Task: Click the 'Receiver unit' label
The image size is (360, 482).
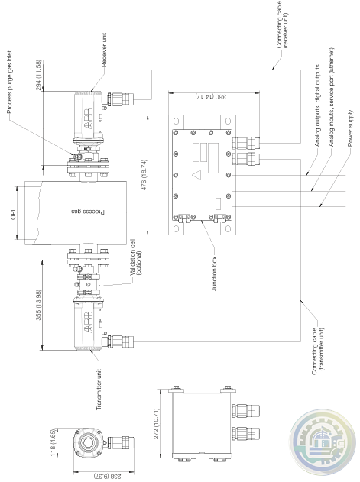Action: (x=104, y=50)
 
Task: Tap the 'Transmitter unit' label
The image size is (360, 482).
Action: (x=99, y=390)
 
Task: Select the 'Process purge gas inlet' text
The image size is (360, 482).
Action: (x=9, y=82)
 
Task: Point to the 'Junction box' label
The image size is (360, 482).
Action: (x=215, y=274)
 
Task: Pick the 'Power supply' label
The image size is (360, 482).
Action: (x=351, y=128)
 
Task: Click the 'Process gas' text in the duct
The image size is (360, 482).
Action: (x=89, y=212)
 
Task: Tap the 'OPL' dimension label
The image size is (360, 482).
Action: (x=13, y=213)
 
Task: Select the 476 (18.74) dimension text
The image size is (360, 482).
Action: (x=144, y=175)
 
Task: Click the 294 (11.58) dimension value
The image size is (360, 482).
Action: (x=38, y=76)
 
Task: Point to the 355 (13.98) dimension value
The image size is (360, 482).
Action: (x=38, y=305)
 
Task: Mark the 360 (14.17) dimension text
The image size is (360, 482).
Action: (x=212, y=96)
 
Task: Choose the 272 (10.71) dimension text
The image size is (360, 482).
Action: (x=156, y=424)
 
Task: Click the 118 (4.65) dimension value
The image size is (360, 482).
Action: (x=54, y=442)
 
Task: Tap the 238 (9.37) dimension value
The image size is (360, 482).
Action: (x=108, y=476)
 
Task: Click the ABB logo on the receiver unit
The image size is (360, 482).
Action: (x=87, y=118)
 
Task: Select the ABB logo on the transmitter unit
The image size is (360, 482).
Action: (x=87, y=322)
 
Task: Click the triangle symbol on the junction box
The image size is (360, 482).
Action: (x=196, y=175)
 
